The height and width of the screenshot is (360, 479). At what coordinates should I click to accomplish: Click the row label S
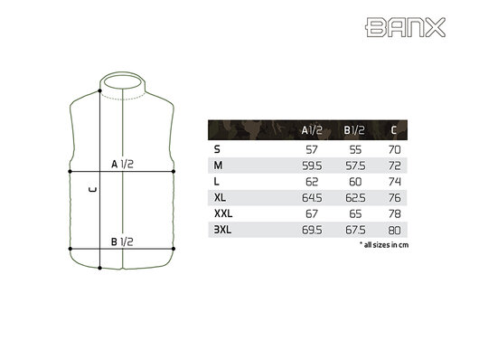coord(217,147)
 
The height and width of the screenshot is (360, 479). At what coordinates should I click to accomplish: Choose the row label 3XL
coord(221,229)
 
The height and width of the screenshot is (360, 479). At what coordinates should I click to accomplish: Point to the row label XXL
coord(221,213)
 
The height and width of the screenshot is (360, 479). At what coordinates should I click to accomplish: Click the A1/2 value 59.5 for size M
coord(310,164)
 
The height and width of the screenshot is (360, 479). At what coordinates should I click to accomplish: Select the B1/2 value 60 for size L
coord(355,180)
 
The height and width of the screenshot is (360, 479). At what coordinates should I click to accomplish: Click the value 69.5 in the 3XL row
coord(310,229)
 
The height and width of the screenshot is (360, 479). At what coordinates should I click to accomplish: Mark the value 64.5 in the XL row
coord(310,196)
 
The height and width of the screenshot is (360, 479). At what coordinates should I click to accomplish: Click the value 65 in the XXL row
coord(355,213)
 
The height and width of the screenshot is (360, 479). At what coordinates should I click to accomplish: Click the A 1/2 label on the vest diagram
coord(122,165)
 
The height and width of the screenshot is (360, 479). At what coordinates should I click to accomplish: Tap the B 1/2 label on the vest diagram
coord(122,242)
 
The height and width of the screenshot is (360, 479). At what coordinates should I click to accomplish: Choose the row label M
coord(218,164)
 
